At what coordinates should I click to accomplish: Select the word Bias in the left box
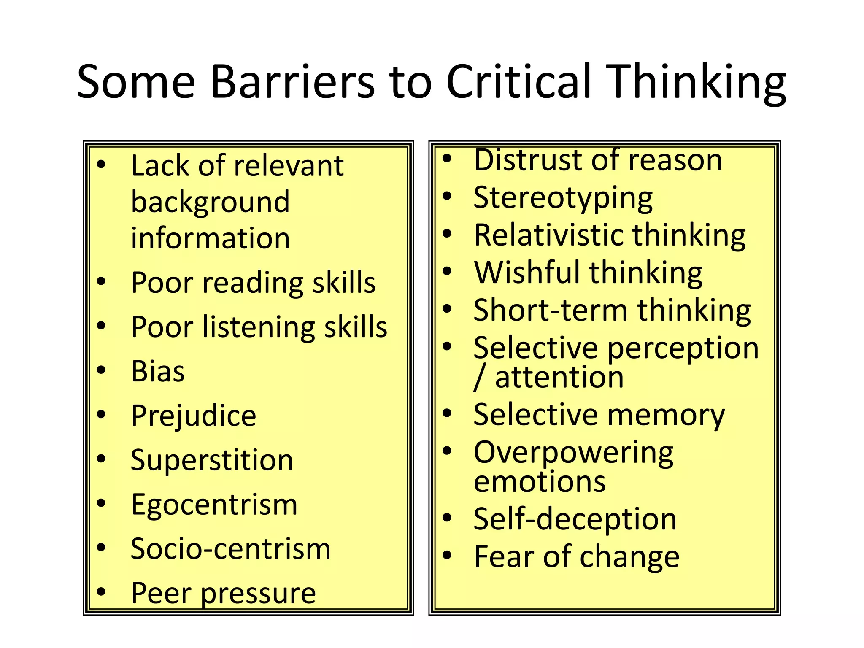click(x=158, y=371)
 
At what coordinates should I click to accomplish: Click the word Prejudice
click(x=194, y=416)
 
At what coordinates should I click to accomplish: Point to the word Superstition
click(x=212, y=460)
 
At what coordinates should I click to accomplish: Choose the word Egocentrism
click(x=214, y=505)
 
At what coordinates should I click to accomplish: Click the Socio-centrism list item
click(x=231, y=549)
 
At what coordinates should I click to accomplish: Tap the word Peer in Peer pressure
click(x=161, y=593)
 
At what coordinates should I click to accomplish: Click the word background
click(x=211, y=202)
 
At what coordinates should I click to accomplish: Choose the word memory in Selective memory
click(x=666, y=415)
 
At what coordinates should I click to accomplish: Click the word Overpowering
click(x=573, y=453)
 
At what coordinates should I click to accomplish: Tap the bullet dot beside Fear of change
click(x=447, y=555)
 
